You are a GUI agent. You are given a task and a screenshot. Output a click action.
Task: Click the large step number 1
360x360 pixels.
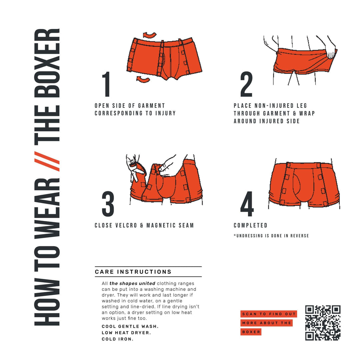click(x=106, y=84)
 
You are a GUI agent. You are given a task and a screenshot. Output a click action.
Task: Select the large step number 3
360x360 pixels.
click(x=108, y=204)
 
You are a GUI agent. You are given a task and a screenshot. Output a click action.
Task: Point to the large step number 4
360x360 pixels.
click(x=247, y=204)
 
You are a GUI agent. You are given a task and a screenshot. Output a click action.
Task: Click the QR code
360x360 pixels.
click(x=323, y=323)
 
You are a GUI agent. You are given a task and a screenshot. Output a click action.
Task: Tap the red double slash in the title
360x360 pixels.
click(x=47, y=161)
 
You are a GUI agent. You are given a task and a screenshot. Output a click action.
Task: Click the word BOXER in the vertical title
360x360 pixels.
click(x=47, y=63)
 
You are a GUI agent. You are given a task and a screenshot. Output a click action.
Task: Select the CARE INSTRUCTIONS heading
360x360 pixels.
click(x=133, y=272)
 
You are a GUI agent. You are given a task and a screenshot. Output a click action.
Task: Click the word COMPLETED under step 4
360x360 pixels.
click(x=250, y=226)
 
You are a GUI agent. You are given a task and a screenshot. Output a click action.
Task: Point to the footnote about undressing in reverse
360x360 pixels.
click(x=271, y=236)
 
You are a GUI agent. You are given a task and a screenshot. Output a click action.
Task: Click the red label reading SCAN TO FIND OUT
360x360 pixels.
click(x=269, y=314)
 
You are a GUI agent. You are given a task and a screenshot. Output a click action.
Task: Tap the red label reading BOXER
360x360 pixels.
click(x=251, y=332)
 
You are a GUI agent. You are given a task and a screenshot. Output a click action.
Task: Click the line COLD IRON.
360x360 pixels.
click(x=117, y=339)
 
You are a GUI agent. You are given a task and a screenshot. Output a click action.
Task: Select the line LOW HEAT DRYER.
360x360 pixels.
click(x=126, y=333)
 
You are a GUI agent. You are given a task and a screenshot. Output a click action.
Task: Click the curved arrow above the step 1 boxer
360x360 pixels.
click(x=150, y=35)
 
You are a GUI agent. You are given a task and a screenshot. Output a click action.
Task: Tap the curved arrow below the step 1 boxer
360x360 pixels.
click(x=143, y=79)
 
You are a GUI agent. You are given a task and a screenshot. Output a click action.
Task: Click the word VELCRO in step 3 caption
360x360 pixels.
click(x=125, y=226)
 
